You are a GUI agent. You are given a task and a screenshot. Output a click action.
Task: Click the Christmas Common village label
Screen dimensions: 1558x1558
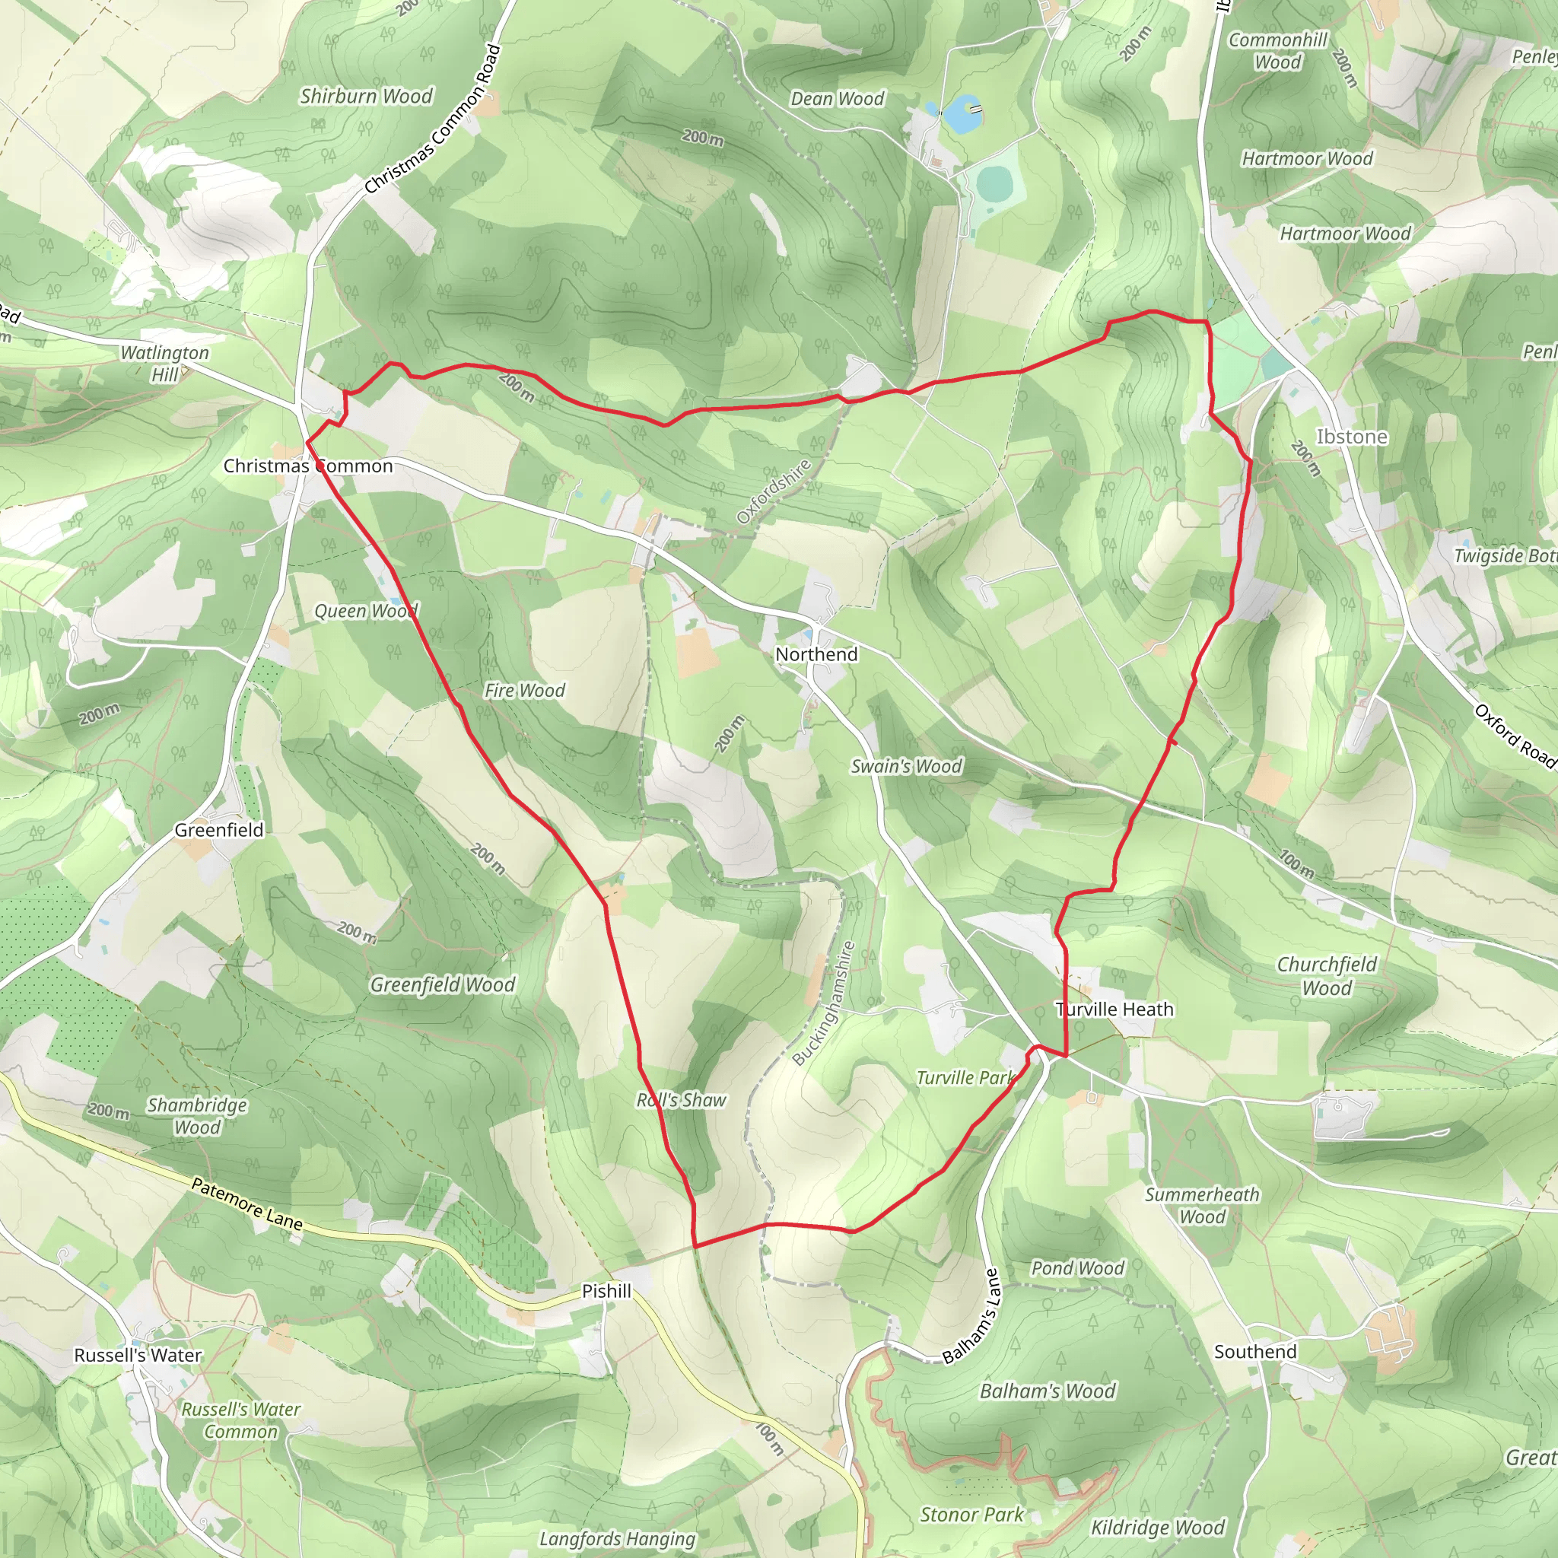(308, 466)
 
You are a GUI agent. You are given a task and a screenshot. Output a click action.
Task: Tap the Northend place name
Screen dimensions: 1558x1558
(816, 654)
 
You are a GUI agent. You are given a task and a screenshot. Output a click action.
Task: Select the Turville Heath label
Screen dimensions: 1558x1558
(1114, 1009)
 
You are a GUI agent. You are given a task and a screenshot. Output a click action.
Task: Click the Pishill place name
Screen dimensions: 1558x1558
(606, 1291)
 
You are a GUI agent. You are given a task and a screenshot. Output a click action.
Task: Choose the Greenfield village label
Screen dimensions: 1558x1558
(218, 830)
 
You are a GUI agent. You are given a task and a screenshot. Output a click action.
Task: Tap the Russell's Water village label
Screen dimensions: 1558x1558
(138, 1355)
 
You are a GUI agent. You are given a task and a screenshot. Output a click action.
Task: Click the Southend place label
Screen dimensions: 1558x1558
(1255, 1352)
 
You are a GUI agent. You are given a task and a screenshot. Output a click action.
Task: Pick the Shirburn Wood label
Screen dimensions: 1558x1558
(367, 96)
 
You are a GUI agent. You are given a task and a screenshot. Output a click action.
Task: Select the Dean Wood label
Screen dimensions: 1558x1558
(837, 98)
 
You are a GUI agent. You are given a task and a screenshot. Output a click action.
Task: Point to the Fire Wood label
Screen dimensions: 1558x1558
(524, 690)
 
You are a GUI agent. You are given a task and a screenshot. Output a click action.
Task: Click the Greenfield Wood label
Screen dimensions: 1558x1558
(442, 984)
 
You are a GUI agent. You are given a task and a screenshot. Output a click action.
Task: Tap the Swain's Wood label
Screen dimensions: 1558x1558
(906, 766)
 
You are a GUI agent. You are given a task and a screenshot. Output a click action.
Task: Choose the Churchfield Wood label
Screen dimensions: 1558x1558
(1327, 976)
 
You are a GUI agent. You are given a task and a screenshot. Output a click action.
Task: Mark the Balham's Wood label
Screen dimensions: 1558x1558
(1048, 1391)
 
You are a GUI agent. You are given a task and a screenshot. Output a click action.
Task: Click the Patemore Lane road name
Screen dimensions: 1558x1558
(246, 1204)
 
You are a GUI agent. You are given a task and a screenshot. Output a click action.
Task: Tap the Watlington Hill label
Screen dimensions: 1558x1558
(164, 363)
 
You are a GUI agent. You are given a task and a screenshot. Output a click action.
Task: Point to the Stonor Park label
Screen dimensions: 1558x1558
(971, 1515)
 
